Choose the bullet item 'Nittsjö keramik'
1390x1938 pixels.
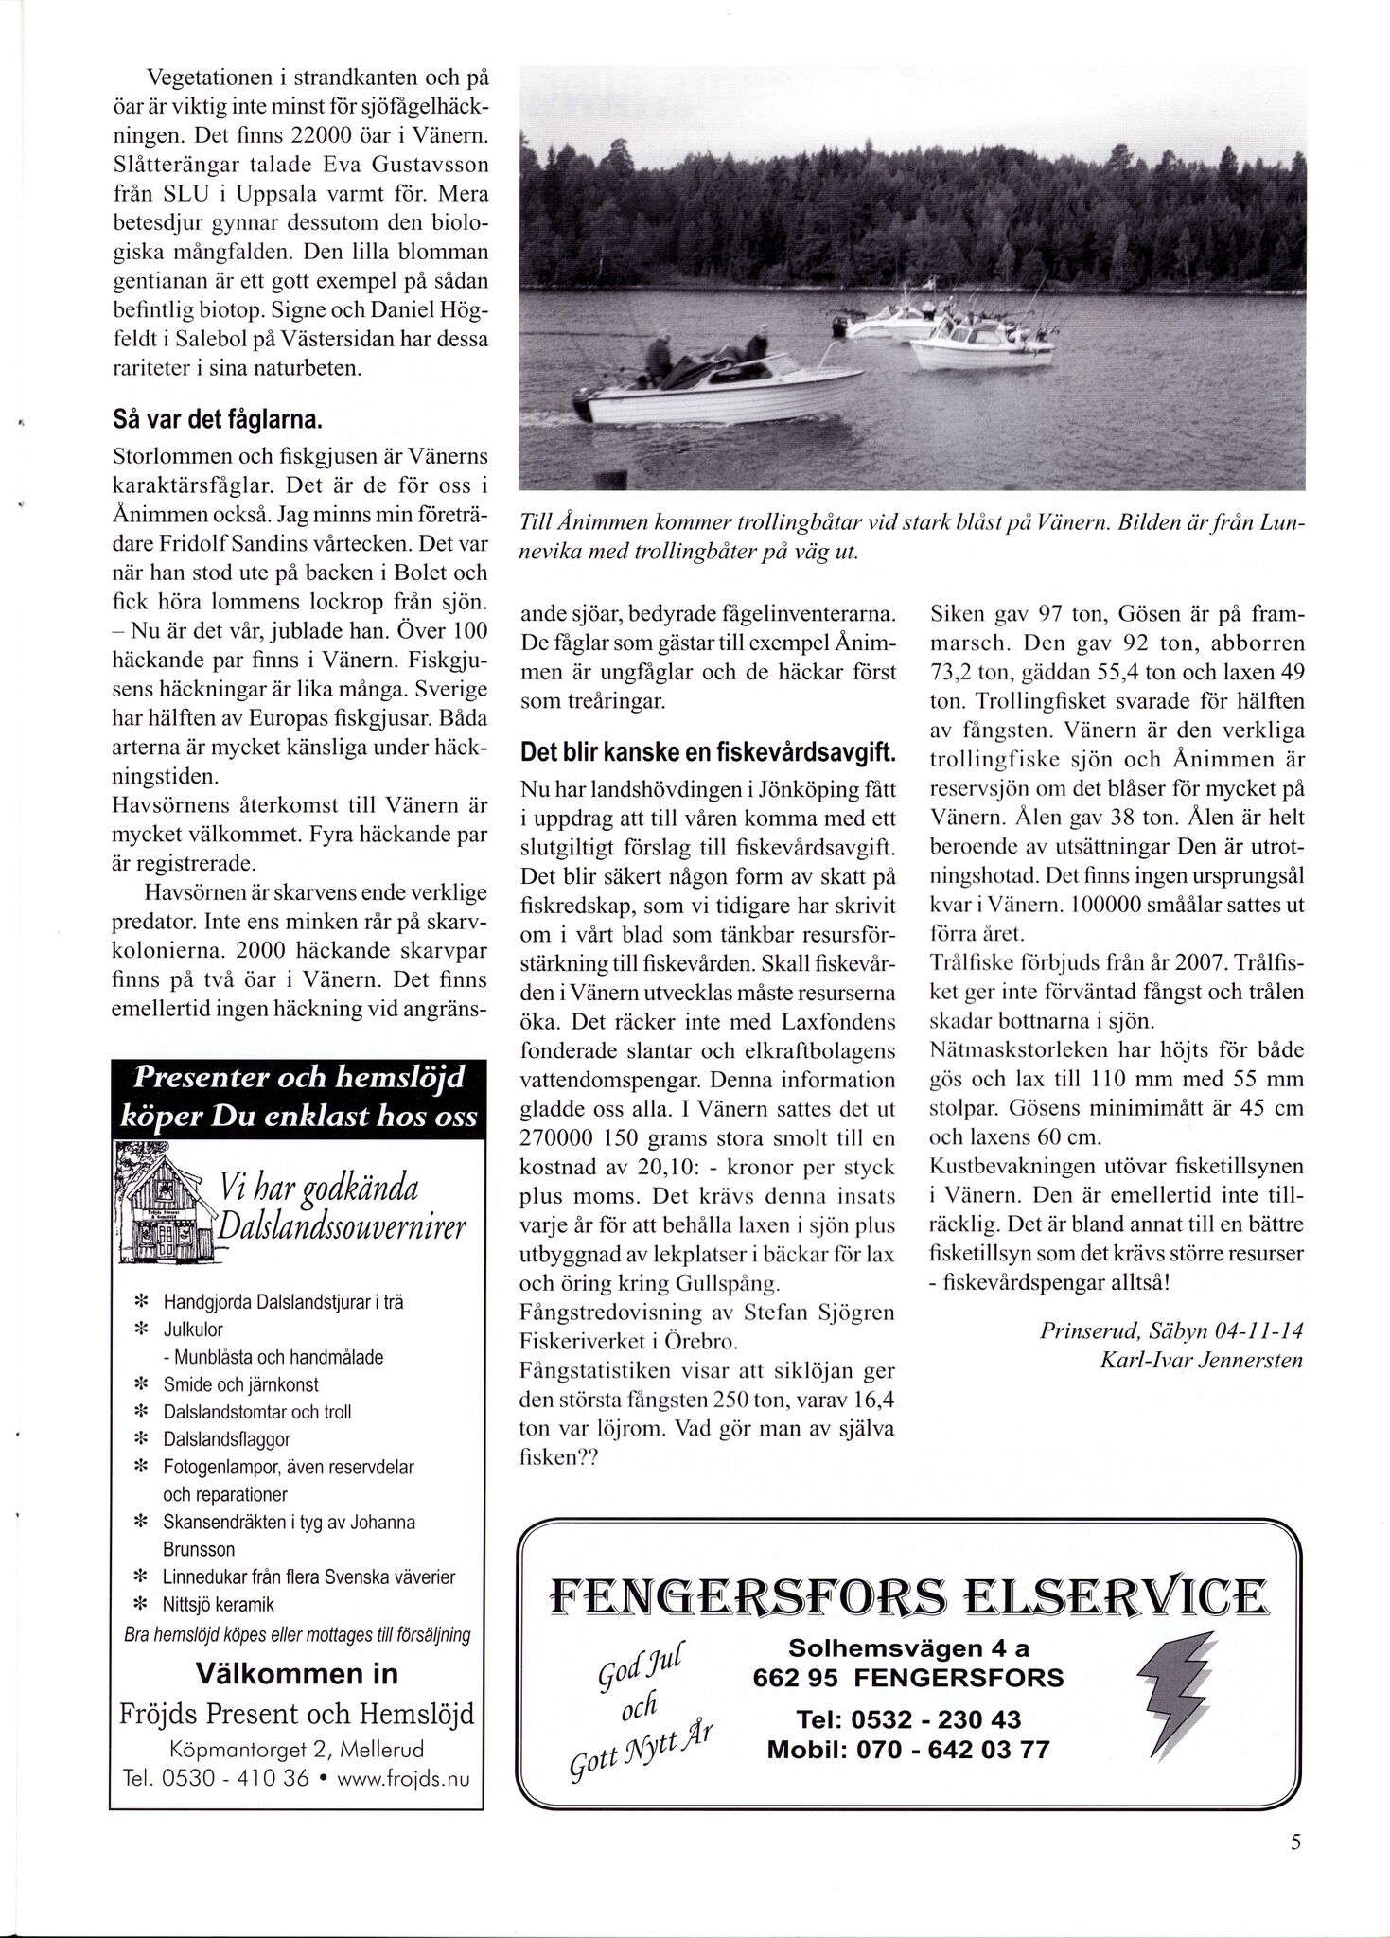(x=219, y=1604)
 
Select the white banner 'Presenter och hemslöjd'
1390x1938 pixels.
(x=297, y=1076)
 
